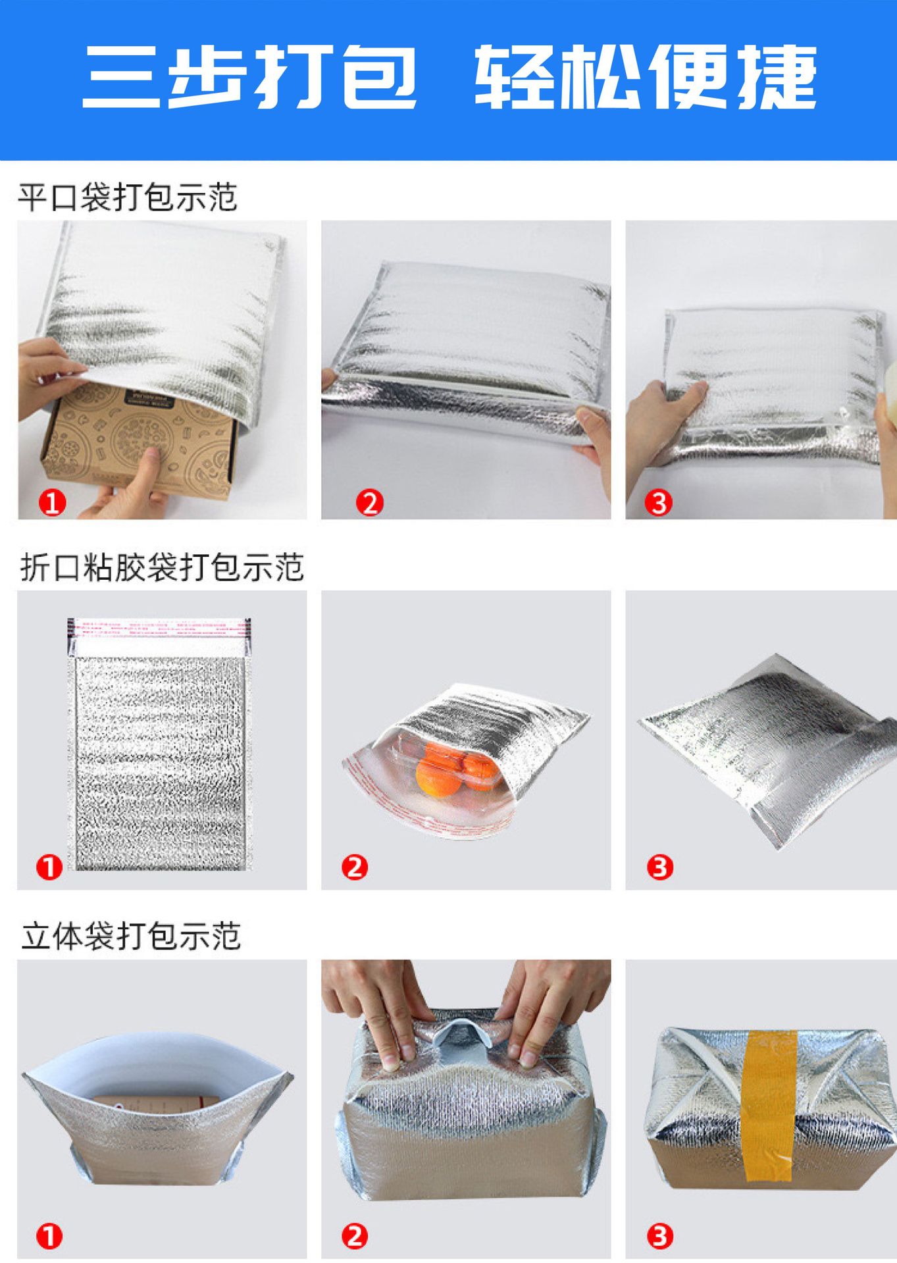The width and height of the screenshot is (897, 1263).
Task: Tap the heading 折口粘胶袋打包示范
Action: pos(162,567)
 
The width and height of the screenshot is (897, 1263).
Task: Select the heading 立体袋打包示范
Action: pos(130,936)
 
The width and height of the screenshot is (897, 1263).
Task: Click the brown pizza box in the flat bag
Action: pos(138,441)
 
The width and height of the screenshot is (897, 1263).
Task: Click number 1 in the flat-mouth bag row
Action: pos(52,503)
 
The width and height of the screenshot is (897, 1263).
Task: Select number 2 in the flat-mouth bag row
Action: pos(369,503)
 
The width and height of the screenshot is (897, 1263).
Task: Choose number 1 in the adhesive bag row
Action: pos(49,867)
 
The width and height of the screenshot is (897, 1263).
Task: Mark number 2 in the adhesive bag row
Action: pos(355,867)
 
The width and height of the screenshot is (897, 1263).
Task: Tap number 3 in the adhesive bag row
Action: pos(660,867)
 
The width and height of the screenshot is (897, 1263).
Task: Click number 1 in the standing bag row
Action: pos(49,1236)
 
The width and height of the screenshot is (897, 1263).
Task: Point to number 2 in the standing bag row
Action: pos(355,1236)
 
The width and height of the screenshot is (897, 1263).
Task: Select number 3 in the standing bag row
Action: pos(660,1236)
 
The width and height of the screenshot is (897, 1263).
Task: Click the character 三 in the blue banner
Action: pos(121,77)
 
